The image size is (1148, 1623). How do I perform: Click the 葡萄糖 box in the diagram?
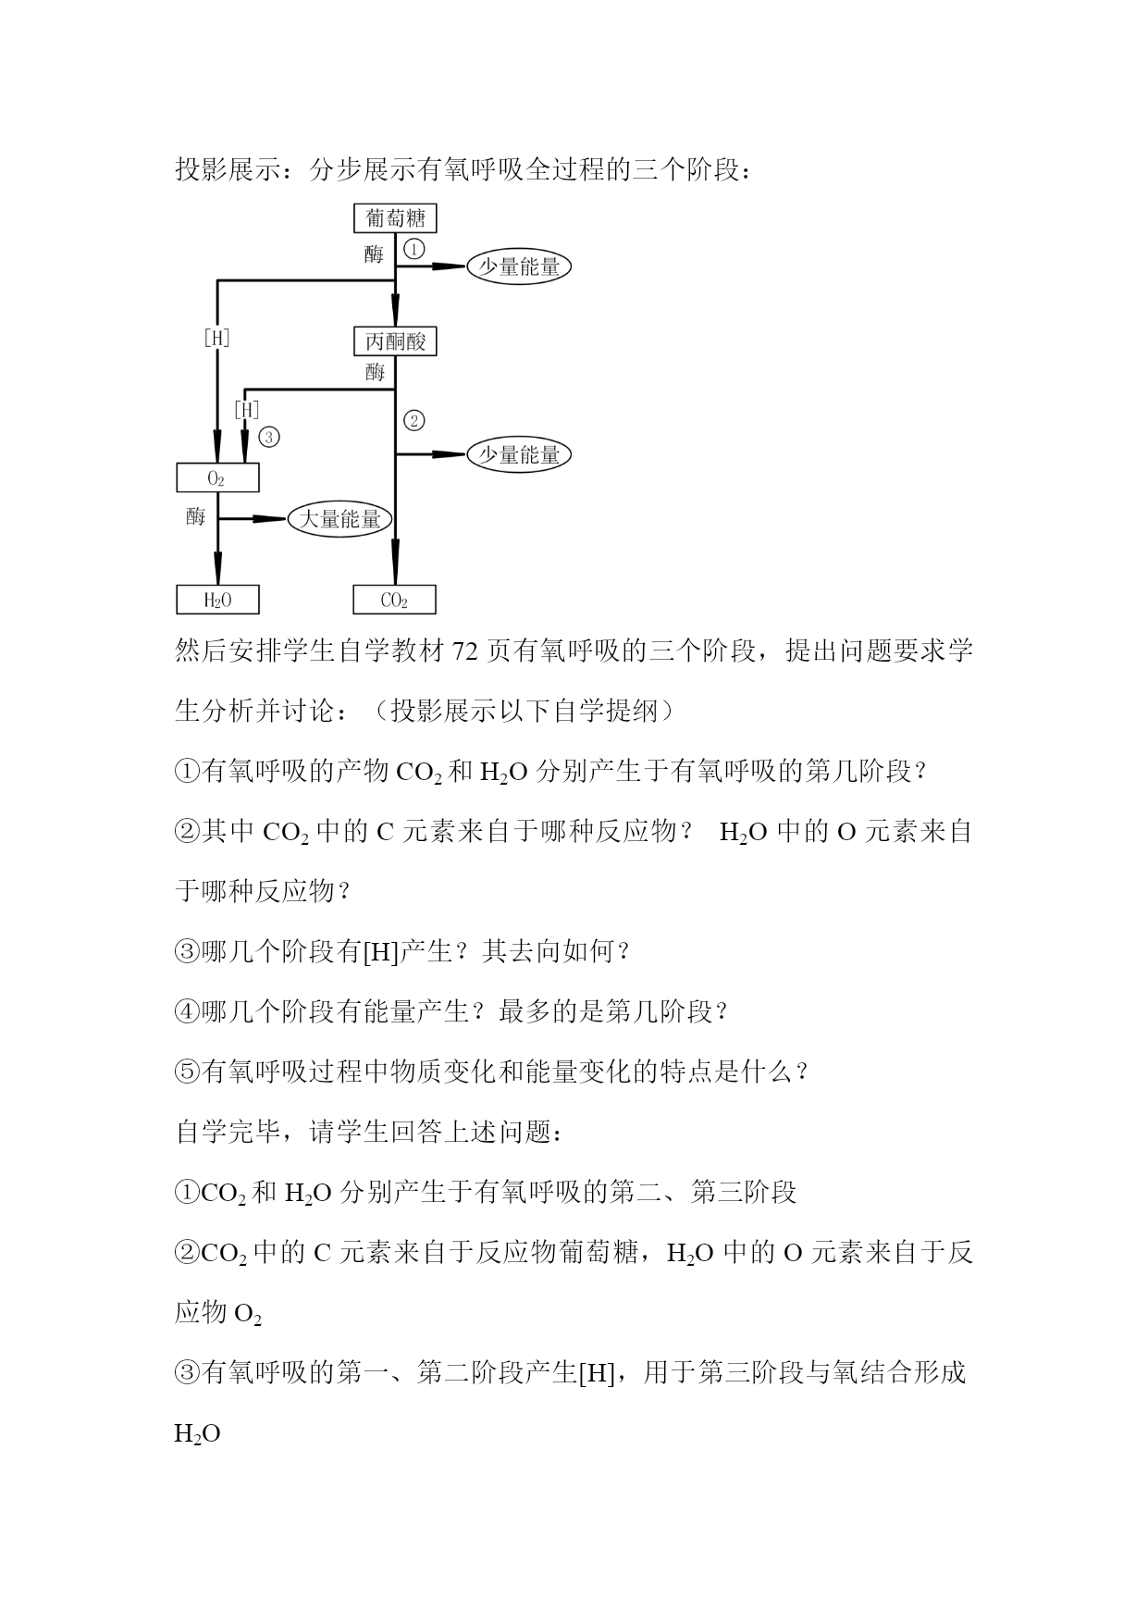(x=395, y=218)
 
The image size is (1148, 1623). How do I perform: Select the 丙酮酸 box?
(x=395, y=341)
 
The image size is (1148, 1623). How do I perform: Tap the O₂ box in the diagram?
(x=217, y=477)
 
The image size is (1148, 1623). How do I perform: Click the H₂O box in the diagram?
(x=217, y=600)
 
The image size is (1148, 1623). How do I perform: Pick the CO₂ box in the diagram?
(x=394, y=600)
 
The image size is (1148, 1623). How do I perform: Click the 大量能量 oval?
(x=340, y=519)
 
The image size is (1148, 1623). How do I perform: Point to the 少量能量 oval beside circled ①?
(x=519, y=266)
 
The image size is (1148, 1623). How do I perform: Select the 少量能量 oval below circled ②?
(x=519, y=454)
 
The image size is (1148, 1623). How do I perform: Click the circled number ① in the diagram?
(x=414, y=249)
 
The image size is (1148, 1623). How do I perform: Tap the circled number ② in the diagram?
(x=414, y=420)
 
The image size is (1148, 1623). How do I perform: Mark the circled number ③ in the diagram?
(x=269, y=437)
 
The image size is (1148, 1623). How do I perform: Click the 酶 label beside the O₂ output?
(x=195, y=516)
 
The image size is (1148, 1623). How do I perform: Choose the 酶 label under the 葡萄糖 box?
(x=374, y=254)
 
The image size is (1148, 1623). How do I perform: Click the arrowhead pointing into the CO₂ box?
(x=395, y=568)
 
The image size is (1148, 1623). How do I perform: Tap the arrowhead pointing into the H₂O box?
(x=217, y=568)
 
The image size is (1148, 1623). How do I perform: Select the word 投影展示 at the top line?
(x=228, y=170)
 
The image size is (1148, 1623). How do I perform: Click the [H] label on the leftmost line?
(x=216, y=338)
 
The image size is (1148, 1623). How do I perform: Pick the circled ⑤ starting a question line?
(x=187, y=1072)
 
